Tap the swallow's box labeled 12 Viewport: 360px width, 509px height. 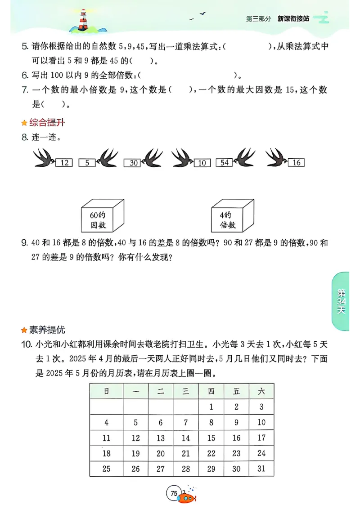click(64, 162)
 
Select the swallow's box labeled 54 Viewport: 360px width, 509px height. click(224, 162)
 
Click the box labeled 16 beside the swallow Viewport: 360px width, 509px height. click(297, 162)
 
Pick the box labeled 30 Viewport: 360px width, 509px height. click(133, 163)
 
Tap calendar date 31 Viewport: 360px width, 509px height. click(261, 469)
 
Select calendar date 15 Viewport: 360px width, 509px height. click(211, 438)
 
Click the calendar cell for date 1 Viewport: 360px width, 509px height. click(211, 407)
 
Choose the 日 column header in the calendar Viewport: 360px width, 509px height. click(106, 392)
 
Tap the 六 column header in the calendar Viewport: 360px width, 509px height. click(261, 392)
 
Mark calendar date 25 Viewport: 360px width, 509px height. click(106, 469)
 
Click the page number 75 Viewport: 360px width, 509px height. click(173, 493)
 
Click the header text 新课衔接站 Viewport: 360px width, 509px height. click(293, 18)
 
